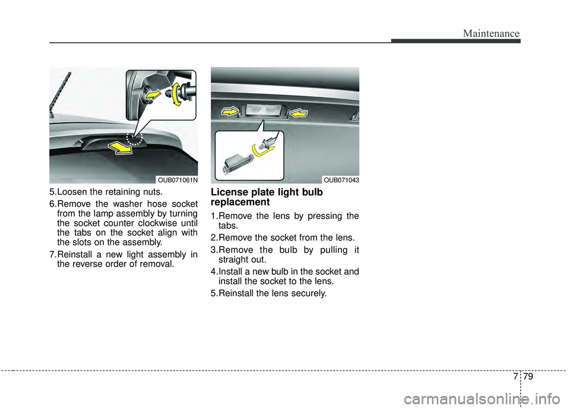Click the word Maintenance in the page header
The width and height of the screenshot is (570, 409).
(492, 34)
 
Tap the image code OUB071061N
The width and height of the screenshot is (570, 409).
(177, 179)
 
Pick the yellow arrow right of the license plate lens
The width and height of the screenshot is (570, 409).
(299, 111)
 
